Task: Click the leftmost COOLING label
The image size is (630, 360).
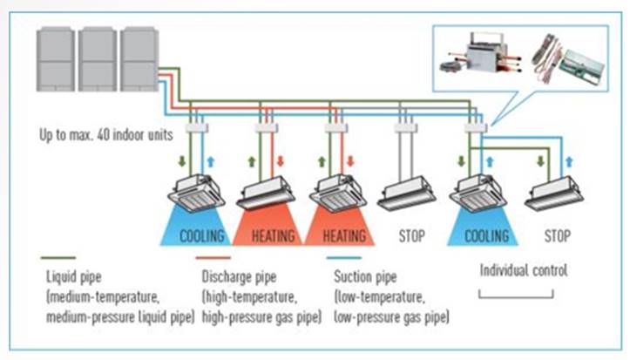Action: (201, 236)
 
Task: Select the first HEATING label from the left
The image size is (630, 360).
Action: (274, 236)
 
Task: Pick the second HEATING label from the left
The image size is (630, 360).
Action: (342, 236)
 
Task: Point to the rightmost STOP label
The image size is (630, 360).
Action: (557, 236)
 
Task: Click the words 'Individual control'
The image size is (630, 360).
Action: (524, 270)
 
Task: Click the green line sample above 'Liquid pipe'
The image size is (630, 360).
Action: (58, 258)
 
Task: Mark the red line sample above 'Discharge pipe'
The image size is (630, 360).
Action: (213, 258)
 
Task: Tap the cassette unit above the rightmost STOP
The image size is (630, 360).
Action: (553, 193)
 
